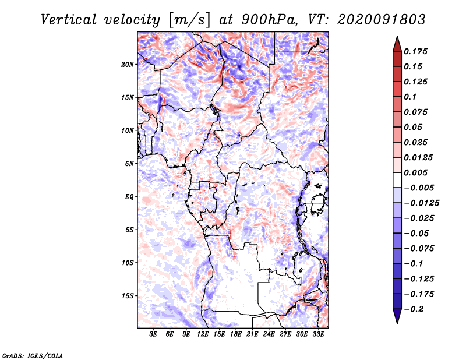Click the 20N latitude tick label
128,64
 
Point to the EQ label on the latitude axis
129,197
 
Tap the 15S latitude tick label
128,296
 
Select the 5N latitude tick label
130,164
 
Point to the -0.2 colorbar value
414,309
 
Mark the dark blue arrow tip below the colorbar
397,320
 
